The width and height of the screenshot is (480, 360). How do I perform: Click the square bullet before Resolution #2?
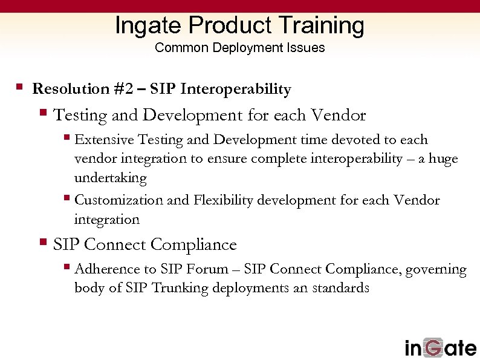pos(19,87)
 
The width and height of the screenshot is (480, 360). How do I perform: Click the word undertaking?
pos(111,178)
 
